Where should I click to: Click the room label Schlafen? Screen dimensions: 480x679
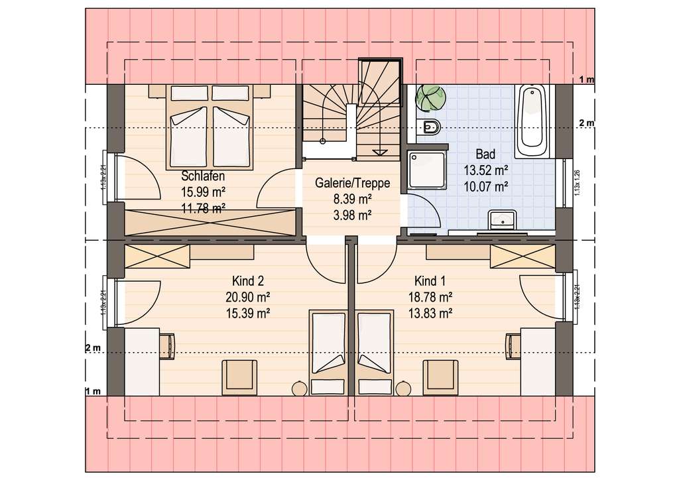coord(203,176)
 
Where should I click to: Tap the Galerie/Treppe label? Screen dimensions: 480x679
coord(352,184)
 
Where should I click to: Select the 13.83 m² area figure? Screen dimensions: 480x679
coord(431,312)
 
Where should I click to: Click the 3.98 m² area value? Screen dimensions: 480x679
coord(352,214)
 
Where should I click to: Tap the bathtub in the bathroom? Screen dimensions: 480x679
coord(532,119)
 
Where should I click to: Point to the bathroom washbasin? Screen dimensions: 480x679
coord(501,219)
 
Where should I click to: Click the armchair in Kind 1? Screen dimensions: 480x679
coord(441,375)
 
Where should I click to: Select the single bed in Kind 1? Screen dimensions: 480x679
coord(375,351)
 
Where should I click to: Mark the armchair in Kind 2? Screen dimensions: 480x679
coord(239,375)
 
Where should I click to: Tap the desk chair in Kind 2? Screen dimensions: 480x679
coord(168,345)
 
